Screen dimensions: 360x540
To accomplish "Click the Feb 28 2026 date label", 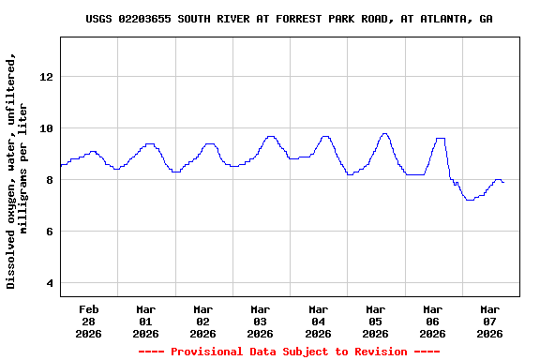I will [88, 321].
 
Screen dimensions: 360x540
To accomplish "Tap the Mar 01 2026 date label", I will [145, 321].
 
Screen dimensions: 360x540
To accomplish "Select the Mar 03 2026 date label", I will [261, 321].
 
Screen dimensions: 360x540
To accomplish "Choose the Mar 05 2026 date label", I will [375, 321].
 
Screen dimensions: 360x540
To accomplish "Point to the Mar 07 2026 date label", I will [489, 321].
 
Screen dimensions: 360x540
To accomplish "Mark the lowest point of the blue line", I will [469, 200].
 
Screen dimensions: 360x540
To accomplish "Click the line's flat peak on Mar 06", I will [440, 138].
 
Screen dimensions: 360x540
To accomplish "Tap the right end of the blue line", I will [503, 182].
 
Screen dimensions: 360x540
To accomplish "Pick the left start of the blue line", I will [61, 165].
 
